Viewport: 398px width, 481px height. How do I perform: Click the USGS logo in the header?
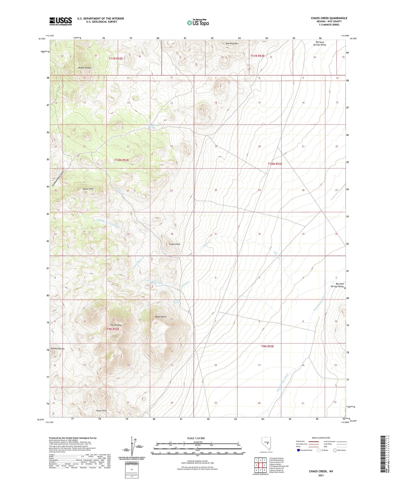tap(60, 21)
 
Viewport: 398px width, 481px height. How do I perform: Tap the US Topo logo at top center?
tap(198, 23)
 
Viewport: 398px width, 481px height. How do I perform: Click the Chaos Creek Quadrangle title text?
tap(329, 18)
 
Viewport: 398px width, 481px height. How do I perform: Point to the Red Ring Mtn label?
tap(232, 44)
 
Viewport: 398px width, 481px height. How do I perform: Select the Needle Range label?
tap(84, 68)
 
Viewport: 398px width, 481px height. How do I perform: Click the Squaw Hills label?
tap(88, 189)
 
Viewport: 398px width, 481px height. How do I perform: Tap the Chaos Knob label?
tap(175, 244)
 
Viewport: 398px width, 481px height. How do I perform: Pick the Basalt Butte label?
tap(161, 317)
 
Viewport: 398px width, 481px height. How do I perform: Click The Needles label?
tap(116, 325)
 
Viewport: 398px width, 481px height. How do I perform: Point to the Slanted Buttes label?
tap(58, 349)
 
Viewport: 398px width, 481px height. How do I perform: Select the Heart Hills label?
tap(101, 410)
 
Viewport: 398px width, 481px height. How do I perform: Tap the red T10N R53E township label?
tap(275, 164)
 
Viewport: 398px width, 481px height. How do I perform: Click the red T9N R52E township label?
tap(113, 329)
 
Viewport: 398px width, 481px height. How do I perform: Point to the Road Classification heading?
tap(321, 438)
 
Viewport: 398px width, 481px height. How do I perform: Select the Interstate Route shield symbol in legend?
tap(298, 450)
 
